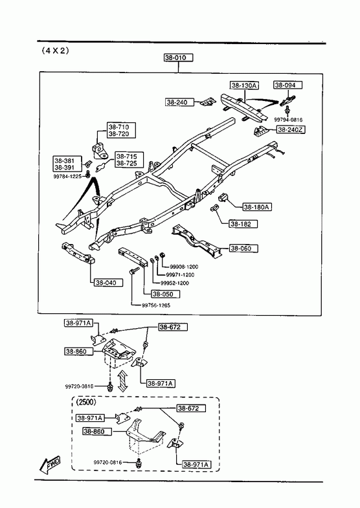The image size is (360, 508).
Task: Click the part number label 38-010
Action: [178, 58]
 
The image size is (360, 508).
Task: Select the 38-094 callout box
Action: [287, 85]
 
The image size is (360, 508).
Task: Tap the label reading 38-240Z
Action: [291, 129]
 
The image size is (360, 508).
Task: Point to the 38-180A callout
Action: [257, 206]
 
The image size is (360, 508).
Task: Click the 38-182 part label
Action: [243, 223]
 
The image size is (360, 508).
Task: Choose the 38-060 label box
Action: [244, 248]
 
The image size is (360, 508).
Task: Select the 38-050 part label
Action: [165, 294]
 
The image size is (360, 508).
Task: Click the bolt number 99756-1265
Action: [156, 305]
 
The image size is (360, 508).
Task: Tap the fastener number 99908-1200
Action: [184, 267]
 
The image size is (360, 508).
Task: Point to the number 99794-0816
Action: [288, 120]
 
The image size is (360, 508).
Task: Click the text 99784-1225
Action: [67, 177]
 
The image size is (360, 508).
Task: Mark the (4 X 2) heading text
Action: [55, 51]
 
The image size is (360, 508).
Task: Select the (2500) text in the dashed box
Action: [86, 403]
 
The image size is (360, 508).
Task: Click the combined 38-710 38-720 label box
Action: [122, 130]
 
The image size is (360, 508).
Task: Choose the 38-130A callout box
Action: [244, 85]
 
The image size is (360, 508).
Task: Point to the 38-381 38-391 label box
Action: [65, 164]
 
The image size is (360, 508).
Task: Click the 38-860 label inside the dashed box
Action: [97, 432]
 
